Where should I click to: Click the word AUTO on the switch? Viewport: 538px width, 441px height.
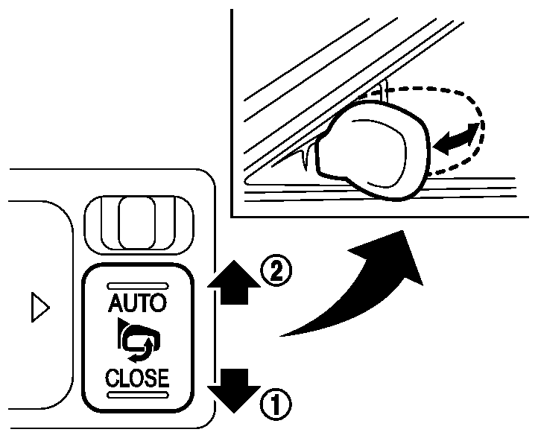tap(139, 303)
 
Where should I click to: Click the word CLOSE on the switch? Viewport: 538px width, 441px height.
tap(138, 378)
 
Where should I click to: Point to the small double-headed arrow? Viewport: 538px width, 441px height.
tap(455, 139)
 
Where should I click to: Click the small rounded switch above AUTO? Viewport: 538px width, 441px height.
tap(139, 221)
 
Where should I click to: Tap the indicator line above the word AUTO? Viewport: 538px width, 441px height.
tap(139, 285)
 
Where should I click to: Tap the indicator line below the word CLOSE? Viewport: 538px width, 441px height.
tap(139, 396)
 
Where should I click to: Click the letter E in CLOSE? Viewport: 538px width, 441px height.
tap(162, 378)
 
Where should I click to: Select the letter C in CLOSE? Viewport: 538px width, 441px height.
tap(113, 378)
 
